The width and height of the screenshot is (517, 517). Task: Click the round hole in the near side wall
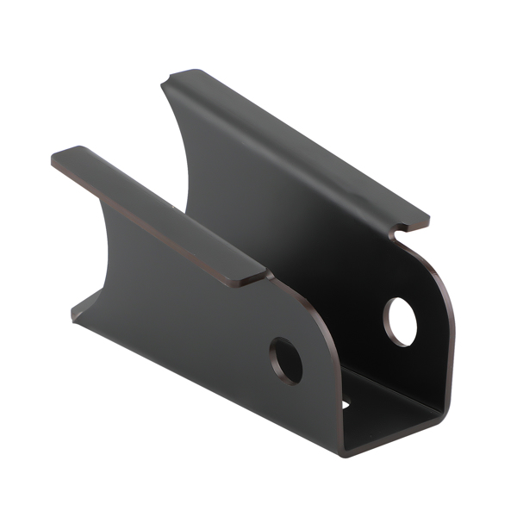[286, 360]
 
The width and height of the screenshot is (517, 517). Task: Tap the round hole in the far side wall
[400, 321]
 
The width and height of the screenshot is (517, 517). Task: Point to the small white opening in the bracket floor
[346, 403]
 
